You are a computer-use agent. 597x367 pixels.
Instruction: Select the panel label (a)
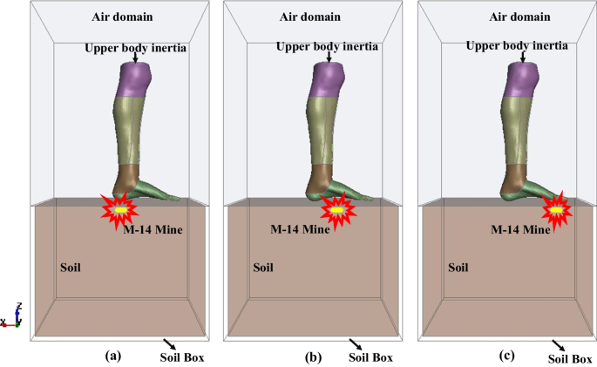pos(112,355)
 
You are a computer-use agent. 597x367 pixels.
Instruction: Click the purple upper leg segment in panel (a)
pos(136,80)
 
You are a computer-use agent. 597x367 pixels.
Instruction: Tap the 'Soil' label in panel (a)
pos(70,266)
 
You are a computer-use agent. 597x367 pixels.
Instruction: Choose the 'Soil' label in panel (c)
pos(460,266)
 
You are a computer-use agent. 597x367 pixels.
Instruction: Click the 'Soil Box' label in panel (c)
pos(570,357)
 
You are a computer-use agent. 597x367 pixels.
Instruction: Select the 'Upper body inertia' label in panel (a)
pos(135,47)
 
